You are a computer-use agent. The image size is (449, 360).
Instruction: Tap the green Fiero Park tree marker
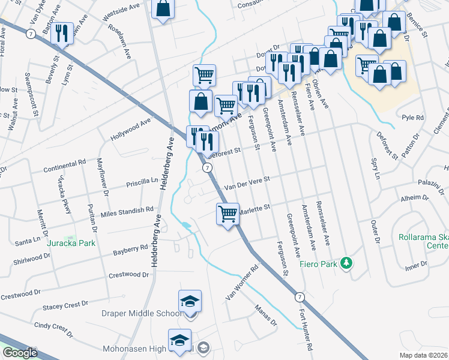(346, 263)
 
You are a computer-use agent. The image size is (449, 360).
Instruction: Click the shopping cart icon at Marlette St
(228, 214)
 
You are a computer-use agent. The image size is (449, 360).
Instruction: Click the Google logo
(20, 353)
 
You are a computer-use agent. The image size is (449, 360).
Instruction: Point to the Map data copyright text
(423, 355)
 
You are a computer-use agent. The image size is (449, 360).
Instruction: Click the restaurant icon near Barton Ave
(62, 34)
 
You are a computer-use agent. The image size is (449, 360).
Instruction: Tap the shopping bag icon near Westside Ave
(163, 10)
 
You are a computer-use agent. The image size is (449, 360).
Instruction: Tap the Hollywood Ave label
(130, 130)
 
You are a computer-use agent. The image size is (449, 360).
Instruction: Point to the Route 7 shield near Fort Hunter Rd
(298, 297)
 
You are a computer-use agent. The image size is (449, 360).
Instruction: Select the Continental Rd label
(65, 164)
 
